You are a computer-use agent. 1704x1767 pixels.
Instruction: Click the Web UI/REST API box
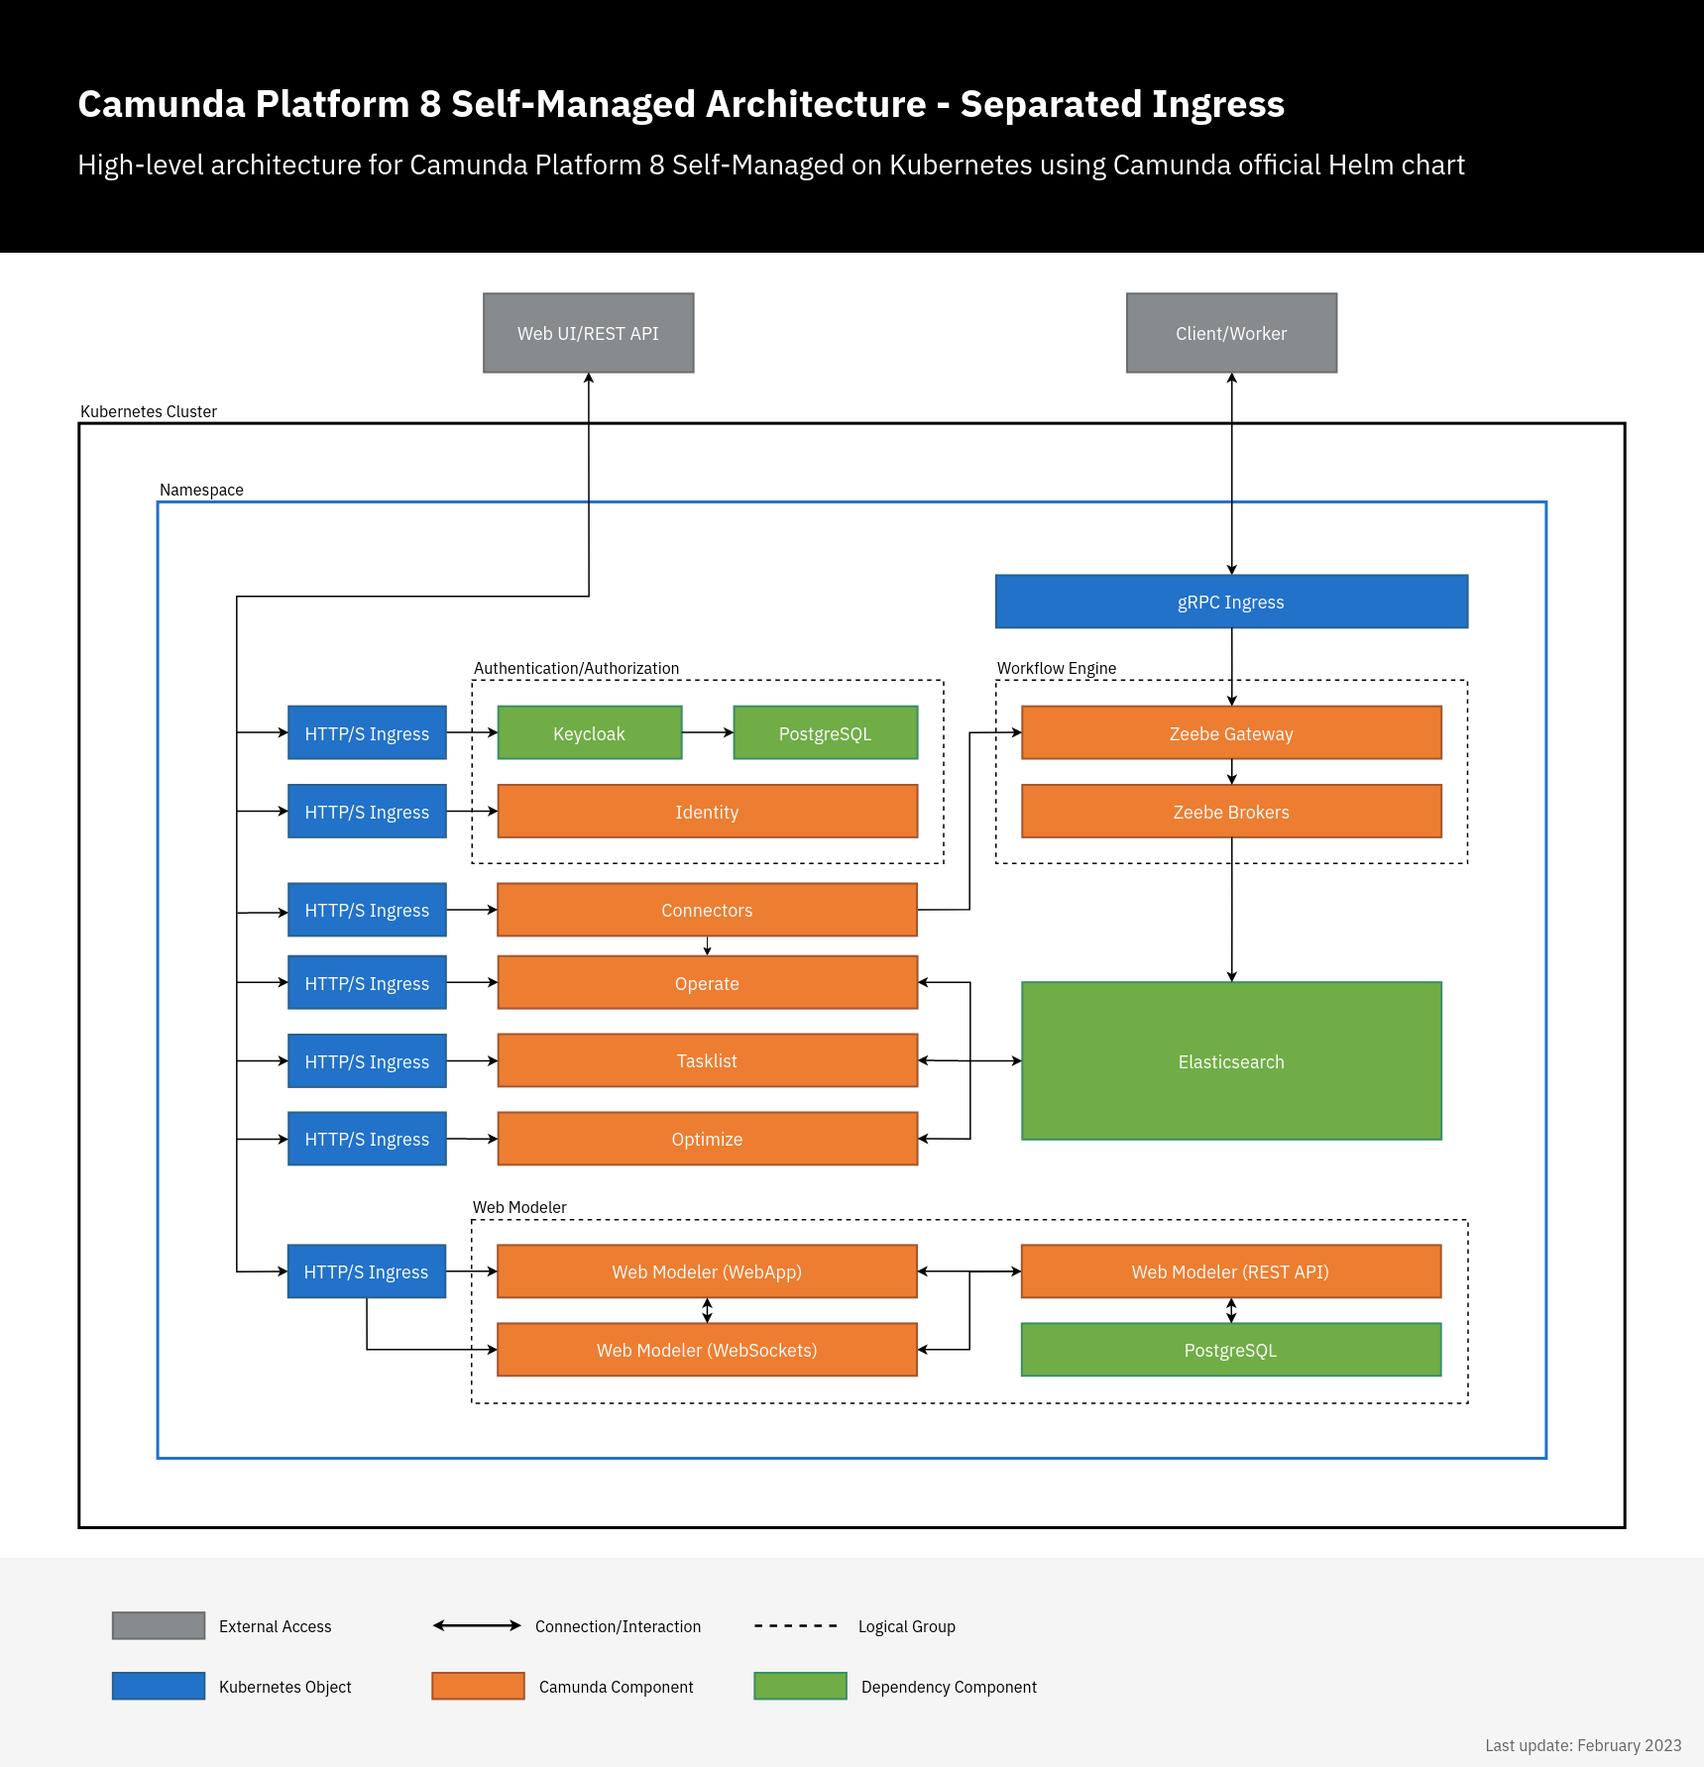pyautogui.click(x=588, y=333)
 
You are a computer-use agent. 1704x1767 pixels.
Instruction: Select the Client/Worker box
pyautogui.click(x=1231, y=333)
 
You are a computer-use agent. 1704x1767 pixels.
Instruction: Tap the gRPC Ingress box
pyautogui.click(x=1231, y=602)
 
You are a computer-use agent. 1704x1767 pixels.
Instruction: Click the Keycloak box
pyautogui.click(x=589, y=733)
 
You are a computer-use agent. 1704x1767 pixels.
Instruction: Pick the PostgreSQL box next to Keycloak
pyautogui.click(x=825, y=733)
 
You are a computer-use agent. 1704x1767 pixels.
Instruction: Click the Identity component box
pyautogui.click(x=707, y=812)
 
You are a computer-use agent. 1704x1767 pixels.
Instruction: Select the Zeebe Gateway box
pyautogui.click(x=1231, y=733)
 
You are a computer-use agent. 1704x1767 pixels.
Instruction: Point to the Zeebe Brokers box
pyautogui.click(x=1231, y=812)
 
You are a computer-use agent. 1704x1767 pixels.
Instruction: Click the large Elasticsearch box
pyautogui.click(x=1231, y=1061)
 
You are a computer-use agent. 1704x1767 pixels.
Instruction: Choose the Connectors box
pyautogui.click(x=707, y=910)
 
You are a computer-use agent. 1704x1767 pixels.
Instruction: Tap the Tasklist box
pyautogui.click(x=707, y=1060)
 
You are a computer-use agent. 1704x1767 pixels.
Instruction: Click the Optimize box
pyautogui.click(x=707, y=1139)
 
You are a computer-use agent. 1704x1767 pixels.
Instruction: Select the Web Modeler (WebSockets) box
pyautogui.click(x=707, y=1350)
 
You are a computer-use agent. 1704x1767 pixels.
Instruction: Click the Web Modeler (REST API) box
pyautogui.click(x=1230, y=1271)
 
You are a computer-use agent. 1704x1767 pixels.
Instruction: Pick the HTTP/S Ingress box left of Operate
pyautogui.click(x=367, y=983)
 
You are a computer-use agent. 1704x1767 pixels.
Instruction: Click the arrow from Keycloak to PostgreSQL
pyautogui.click(x=707, y=732)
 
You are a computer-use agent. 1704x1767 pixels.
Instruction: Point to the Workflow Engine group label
pyautogui.click(x=1056, y=668)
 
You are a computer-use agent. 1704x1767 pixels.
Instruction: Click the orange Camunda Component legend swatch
pyautogui.click(x=478, y=1686)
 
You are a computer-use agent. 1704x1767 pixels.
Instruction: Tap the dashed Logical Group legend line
pyautogui.click(x=795, y=1626)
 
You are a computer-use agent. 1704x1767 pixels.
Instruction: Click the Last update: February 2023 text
pyautogui.click(x=1582, y=1745)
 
